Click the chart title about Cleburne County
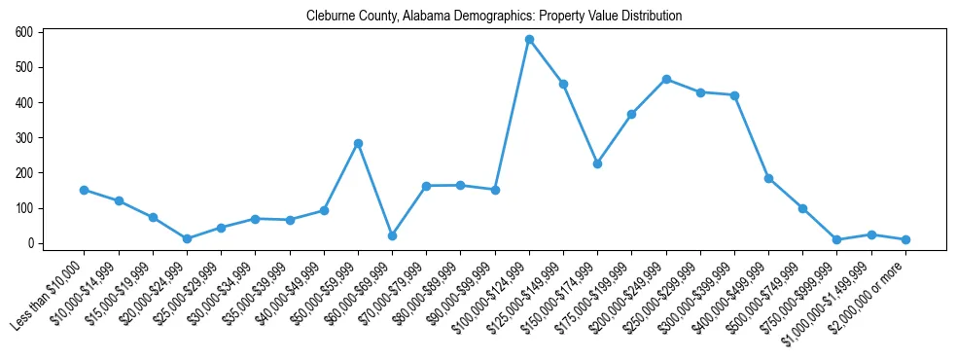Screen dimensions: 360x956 [494, 17]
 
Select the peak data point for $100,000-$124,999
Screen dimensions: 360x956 [529, 40]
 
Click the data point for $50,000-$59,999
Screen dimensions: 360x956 [358, 143]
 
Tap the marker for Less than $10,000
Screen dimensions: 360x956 [85, 190]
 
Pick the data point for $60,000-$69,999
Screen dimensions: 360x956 [392, 235]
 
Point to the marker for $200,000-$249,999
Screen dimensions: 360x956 [666, 79]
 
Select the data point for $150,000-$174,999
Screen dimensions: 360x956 [597, 163]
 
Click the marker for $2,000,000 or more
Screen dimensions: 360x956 [905, 239]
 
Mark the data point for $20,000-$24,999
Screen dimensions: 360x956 [187, 238]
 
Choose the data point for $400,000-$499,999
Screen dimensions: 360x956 [768, 178]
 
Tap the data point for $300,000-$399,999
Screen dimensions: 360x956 [734, 95]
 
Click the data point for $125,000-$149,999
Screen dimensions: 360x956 [563, 84]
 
